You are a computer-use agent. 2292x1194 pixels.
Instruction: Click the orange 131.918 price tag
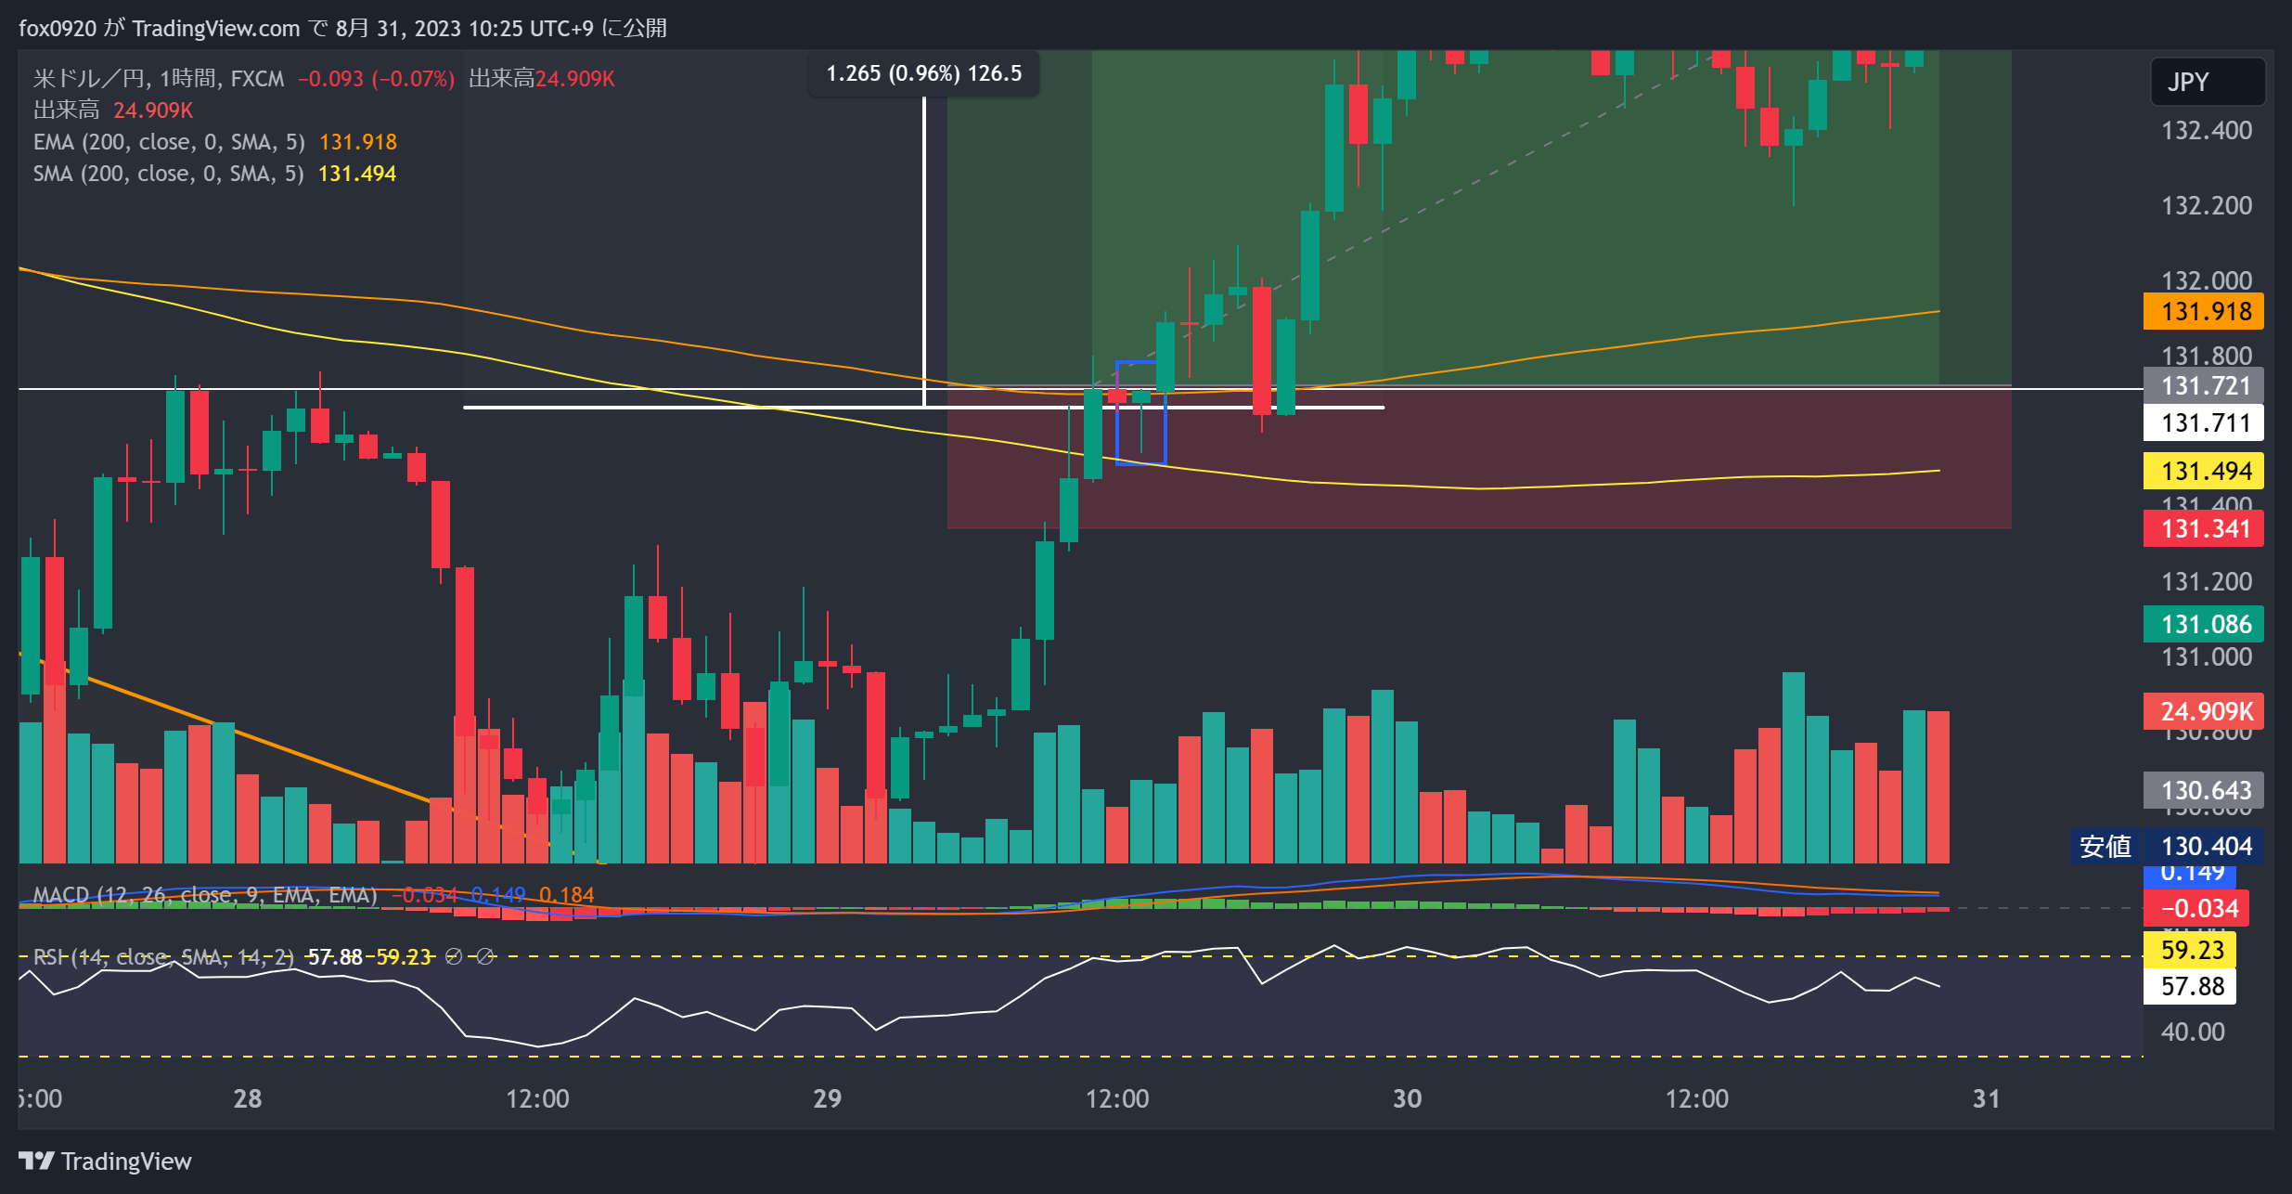tap(2204, 311)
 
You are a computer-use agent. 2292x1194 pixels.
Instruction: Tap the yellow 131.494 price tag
tap(2204, 471)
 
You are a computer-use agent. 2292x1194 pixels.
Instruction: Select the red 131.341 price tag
tap(2204, 528)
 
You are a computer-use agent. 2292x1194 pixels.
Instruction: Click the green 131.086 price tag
tap(2204, 624)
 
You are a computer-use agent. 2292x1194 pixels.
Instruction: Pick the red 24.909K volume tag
tap(2204, 711)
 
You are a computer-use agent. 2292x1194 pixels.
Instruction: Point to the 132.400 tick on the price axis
tap(2206, 130)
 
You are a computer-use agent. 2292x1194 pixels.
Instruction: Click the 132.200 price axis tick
tap(2206, 205)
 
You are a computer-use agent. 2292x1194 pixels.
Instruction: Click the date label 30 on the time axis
tap(1407, 1098)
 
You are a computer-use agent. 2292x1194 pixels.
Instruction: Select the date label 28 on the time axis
tap(247, 1098)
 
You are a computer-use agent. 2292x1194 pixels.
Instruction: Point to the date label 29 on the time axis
tap(827, 1098)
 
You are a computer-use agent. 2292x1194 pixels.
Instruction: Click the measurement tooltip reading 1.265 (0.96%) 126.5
tap(923, 73)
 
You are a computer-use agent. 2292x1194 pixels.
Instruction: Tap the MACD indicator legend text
tap(204, 894)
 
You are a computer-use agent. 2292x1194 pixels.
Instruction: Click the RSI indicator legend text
tap(163, 956)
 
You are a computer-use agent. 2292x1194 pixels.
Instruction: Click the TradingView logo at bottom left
tap(105, 1161)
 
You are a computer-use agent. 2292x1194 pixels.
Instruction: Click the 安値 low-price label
tap(2105, 846)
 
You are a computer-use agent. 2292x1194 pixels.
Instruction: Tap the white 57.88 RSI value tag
tap(2191, 986)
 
